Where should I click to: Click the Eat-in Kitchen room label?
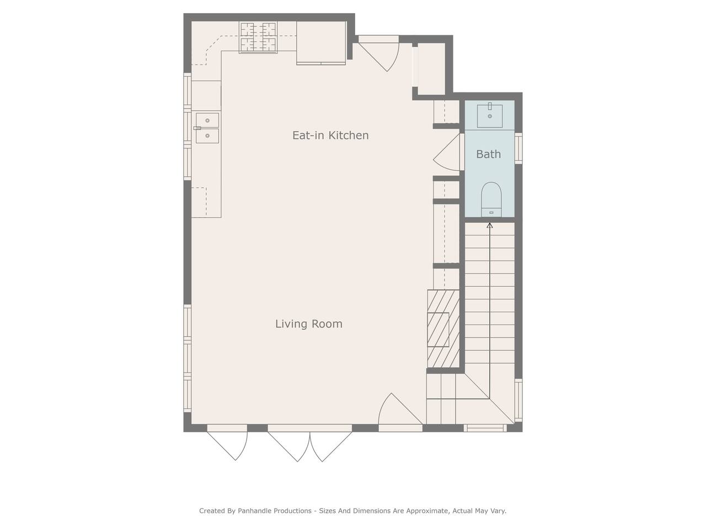(330, 135)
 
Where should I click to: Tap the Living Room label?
(309, 323)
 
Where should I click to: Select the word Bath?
(488, 154)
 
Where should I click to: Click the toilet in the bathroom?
(491, 199)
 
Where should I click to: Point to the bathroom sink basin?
(490, 116)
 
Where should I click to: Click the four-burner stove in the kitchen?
(258, 37)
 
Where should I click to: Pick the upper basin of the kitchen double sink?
(207, 120)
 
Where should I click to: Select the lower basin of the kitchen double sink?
(207, 136)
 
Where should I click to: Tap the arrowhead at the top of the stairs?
(490, 225)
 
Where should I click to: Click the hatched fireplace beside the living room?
(443, 328)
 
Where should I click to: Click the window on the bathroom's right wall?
(518, 148)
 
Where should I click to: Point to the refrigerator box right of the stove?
(321, 43)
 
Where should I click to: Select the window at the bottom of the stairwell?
(485, 428)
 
